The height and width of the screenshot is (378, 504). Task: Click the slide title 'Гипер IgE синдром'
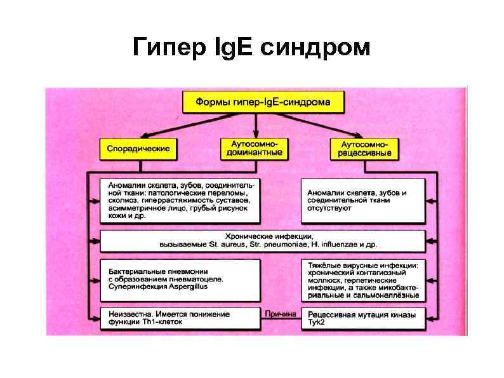[x=251, y=46]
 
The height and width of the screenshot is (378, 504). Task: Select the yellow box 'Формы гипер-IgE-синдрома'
[x=263, y=102]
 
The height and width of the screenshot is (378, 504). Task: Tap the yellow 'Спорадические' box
[x=138, y=149]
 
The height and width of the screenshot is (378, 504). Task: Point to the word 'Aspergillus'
[x=189, y=287]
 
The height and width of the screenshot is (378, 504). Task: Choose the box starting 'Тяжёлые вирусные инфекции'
[x=363, y=280]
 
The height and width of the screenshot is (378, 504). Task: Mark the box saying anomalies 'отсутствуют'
[x=363, y=199]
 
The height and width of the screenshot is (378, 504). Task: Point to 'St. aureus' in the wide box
[x=225, y=245]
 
